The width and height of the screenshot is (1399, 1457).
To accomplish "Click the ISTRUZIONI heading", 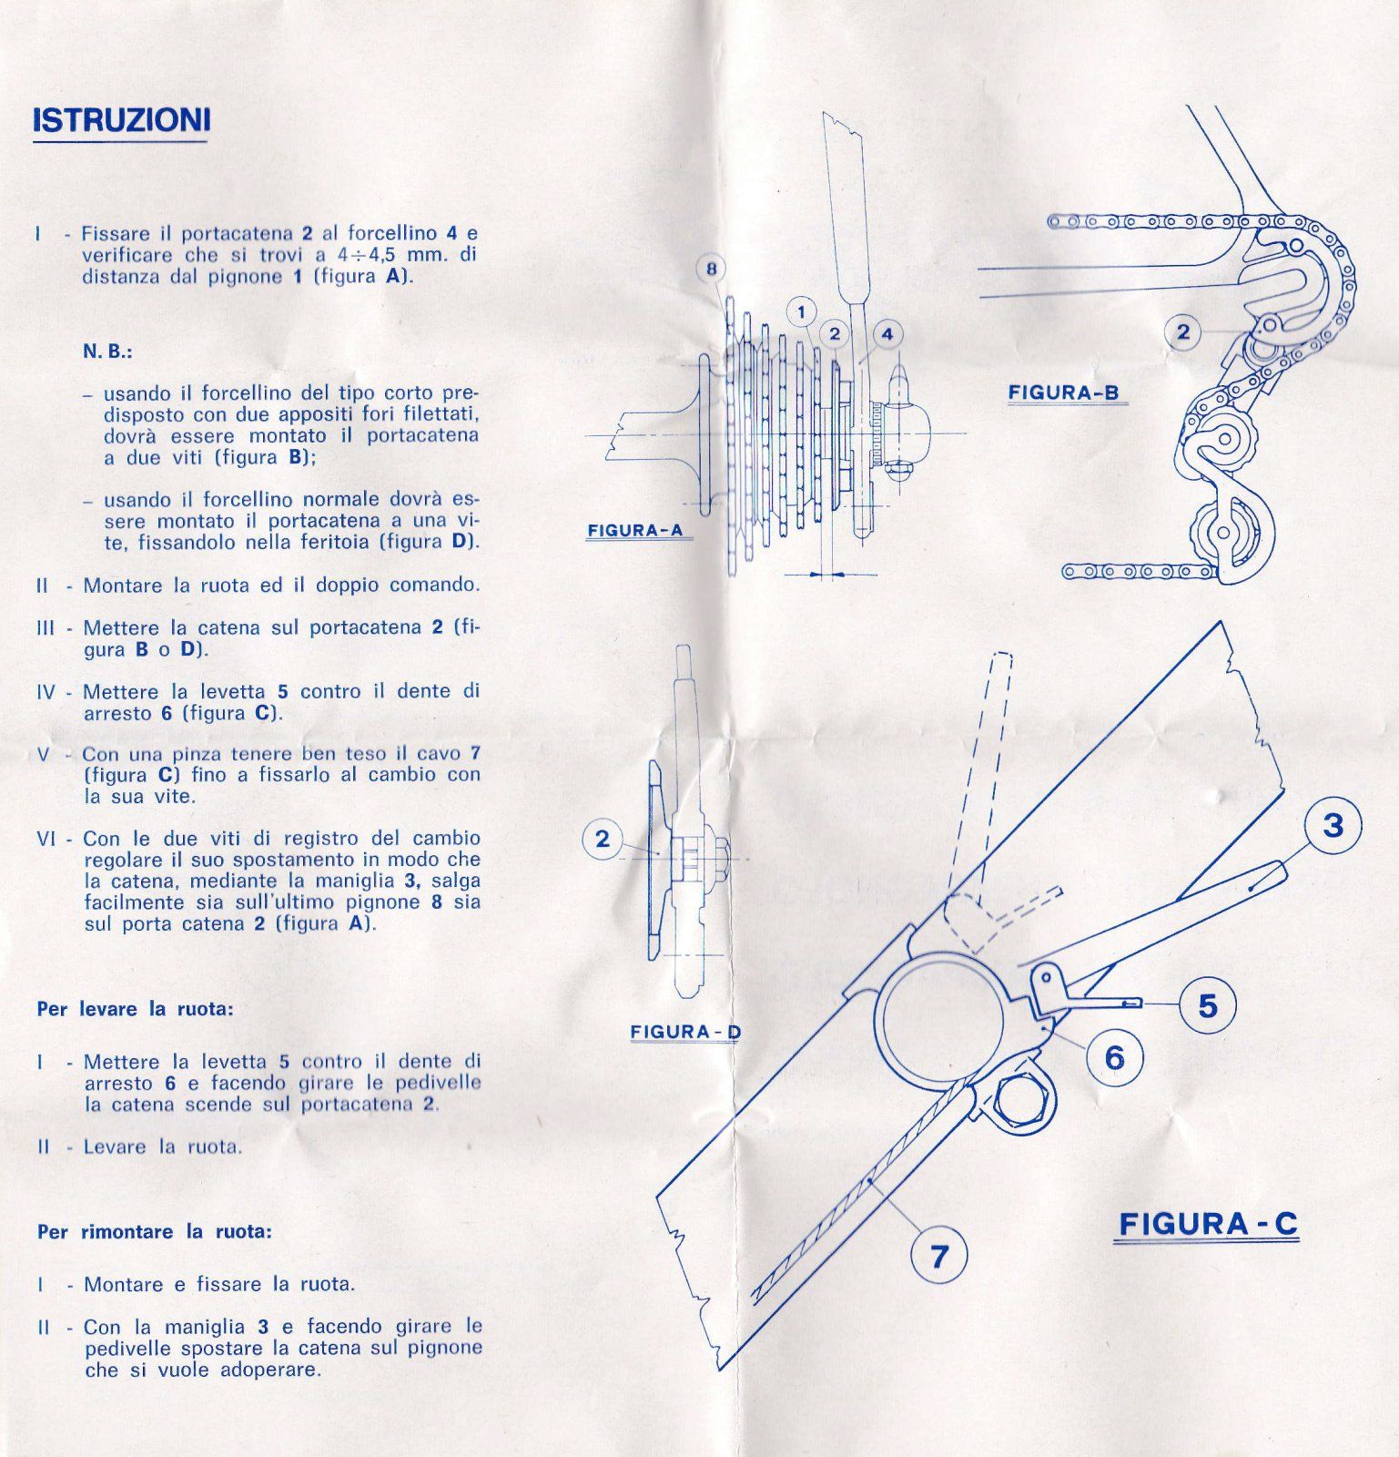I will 121,120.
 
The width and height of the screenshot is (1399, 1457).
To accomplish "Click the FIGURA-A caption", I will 634,530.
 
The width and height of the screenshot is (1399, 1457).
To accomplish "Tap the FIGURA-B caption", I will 1063,392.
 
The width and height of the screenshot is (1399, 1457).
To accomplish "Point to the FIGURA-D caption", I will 685,1032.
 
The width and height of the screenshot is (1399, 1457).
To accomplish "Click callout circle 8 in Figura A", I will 712,269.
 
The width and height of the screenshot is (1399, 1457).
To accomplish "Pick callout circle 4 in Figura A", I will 887,334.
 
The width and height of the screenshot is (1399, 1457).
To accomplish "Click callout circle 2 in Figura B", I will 1182,332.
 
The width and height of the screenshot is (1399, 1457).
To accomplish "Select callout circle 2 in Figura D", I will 603,839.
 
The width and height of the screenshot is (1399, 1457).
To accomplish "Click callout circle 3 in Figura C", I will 1333,826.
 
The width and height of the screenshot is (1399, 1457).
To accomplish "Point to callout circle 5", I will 1207,1005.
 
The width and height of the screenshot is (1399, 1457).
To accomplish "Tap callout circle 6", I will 1114,1057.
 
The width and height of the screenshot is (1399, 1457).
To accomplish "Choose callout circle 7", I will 938,1257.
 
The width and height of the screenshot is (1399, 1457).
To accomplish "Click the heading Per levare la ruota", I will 136,1009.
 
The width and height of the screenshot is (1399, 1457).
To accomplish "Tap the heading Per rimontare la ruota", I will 155,1232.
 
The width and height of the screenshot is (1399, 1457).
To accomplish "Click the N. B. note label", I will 107,352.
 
